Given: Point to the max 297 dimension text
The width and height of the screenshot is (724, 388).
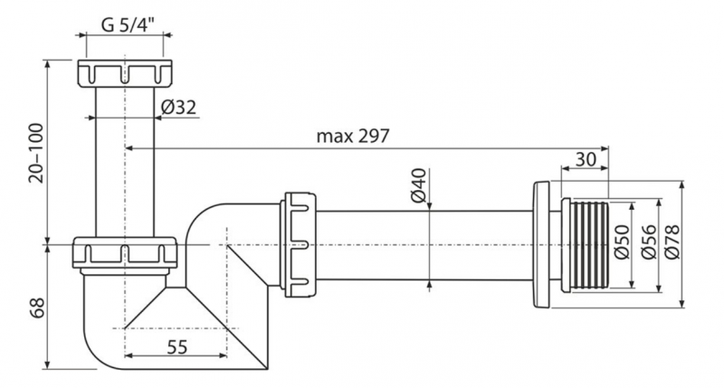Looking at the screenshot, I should click(352, 137).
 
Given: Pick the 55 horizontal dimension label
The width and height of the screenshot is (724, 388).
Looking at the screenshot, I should click(176, 345).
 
